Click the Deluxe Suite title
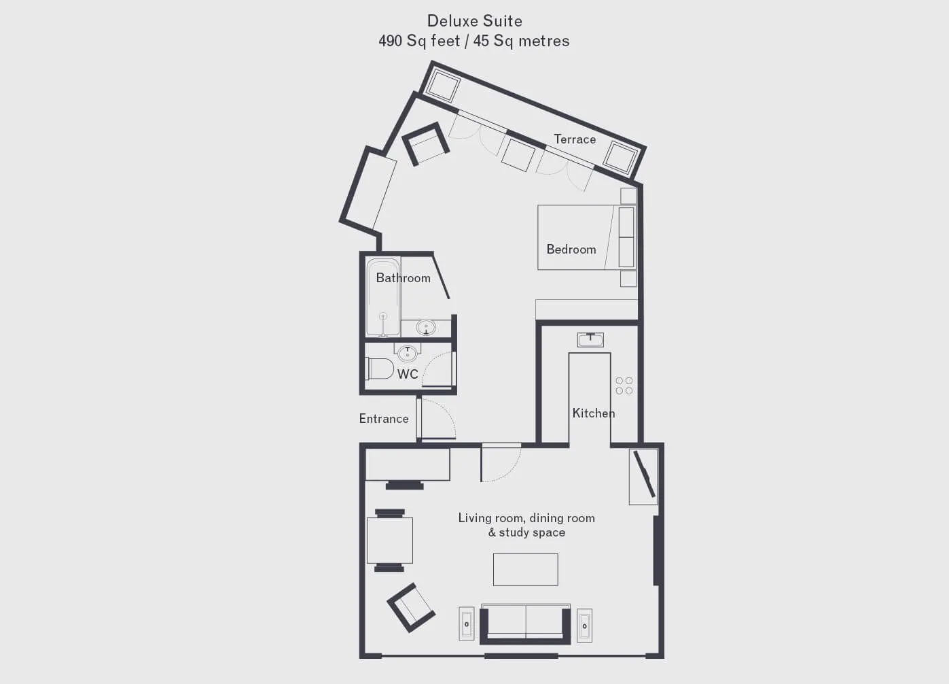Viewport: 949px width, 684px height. (474, 21)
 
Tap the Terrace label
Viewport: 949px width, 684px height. (575, 139)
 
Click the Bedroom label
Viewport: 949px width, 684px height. (571, 249)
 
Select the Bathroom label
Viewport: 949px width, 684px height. (403, 278)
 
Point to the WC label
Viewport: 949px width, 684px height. (408, 374)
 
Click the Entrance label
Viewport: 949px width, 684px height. (384, 419)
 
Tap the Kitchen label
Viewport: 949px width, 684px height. (594, 413)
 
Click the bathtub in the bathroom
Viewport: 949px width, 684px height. (383, 297)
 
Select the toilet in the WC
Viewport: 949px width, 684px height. (379, 369)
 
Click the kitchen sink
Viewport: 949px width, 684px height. (590, 340)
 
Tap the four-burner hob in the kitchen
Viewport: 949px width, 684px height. (624, 386)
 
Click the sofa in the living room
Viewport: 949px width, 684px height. (525, 623)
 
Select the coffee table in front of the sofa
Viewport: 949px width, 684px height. (525, 570)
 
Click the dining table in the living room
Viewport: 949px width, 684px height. (390, 541)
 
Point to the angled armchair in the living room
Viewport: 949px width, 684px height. (410, 608)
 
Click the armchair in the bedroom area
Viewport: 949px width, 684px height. (425, 143)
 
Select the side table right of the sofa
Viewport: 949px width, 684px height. (584, 626)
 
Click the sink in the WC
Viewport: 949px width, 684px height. (407, 354)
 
